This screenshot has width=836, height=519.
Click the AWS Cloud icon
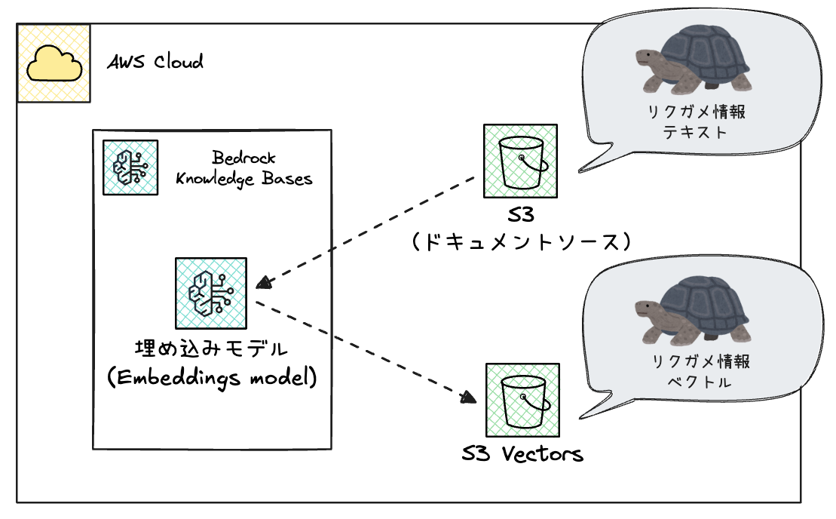click(54, 63)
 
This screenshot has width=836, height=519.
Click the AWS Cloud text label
click(155, 62)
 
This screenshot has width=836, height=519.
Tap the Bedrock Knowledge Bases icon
click(130, 167)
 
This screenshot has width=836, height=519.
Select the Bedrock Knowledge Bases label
click(243, 168)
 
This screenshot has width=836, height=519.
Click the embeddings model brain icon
click(211, 293)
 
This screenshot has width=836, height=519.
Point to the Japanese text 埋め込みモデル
click(210, 350)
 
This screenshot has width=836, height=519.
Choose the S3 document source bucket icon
click(520, 161)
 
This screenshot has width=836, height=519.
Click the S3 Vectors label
click(522, 454)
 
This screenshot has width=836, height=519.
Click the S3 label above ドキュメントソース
click(520, 215)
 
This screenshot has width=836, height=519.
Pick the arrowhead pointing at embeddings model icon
click(263, 284)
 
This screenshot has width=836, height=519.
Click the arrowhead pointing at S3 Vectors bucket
click(470, 398)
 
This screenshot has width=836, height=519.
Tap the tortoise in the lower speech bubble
click(694, 309)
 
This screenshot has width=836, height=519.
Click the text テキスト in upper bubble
click(695, 132)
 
